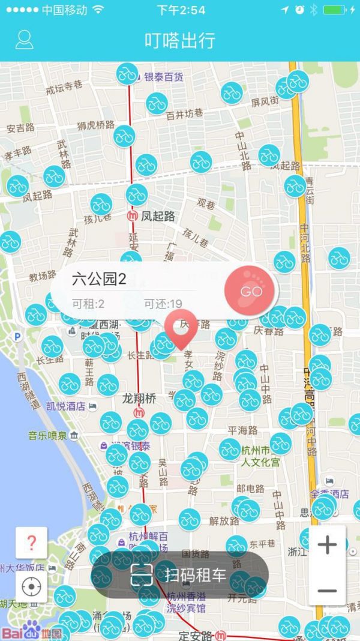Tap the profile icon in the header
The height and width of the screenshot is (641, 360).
(24, 40)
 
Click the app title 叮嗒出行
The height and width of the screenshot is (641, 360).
(180, 40)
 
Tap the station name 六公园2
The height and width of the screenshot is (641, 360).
(100, 279)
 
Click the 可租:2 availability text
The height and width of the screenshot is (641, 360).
(88, 304)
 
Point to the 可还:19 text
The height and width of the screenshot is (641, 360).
(163, 304)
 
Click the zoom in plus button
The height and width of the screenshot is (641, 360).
(327, 545)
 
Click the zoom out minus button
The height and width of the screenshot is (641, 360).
(327, 591)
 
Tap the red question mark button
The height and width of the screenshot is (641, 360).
(31, 543)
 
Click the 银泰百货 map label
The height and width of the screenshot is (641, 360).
(164, 77)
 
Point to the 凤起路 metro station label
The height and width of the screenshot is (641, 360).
(157, 216)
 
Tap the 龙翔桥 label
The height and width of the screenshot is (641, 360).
(139, 398)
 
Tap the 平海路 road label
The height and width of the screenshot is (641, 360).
(242, 430)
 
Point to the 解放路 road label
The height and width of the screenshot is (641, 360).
(224, 520)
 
